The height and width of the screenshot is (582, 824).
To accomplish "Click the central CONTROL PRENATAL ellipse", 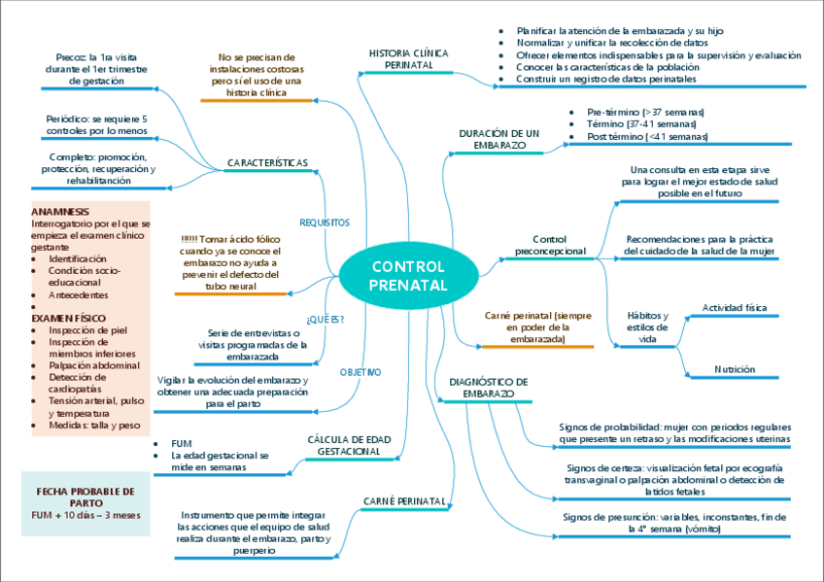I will tap(408, 276).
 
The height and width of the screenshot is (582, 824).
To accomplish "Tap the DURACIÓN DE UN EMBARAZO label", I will tap(499, 138).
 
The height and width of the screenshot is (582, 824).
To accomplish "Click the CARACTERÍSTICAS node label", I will tap(267, 161).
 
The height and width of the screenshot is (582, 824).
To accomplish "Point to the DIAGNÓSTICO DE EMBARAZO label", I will tap(488, 387).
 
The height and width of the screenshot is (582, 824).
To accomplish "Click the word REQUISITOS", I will tap(325, 223).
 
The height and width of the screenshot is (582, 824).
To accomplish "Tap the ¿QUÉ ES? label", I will tap(325, 319).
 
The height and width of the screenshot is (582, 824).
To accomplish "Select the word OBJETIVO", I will tap(360, 372).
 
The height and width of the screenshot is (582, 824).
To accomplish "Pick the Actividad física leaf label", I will tap(734, 308).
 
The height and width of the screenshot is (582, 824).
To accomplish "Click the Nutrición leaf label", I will tap(734, 369).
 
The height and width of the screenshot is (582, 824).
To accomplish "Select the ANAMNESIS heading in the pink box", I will tap(60, 211).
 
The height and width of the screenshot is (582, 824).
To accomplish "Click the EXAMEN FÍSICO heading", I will tap(68, 318).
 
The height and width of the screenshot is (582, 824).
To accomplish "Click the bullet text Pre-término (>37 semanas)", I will tap(646, 113).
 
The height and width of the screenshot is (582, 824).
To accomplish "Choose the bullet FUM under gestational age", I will tap(181, 442).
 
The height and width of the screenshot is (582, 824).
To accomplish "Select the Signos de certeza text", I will tap(673, 480).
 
